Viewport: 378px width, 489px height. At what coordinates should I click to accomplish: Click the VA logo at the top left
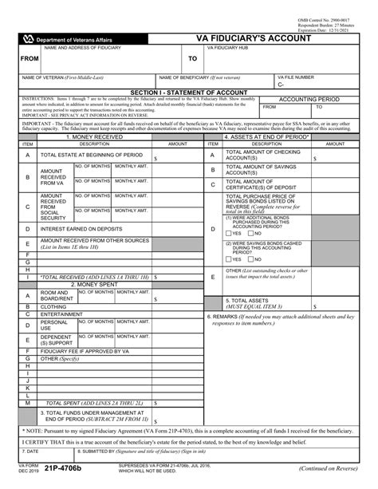coord(30,37)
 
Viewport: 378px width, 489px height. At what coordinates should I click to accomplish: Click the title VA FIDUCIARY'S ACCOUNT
coord(279,37)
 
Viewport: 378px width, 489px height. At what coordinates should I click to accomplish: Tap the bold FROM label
coord(30,59)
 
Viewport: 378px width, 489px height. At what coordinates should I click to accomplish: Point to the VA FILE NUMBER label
coord(296,77)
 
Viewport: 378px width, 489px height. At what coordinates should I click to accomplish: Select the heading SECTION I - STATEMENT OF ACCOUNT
coord(189,93)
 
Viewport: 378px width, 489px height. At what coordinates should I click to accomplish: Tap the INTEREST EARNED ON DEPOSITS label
coord(81,228)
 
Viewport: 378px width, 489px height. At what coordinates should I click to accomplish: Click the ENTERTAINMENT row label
coord(62,314)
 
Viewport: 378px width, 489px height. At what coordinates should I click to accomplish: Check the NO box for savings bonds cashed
coord(250,259)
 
